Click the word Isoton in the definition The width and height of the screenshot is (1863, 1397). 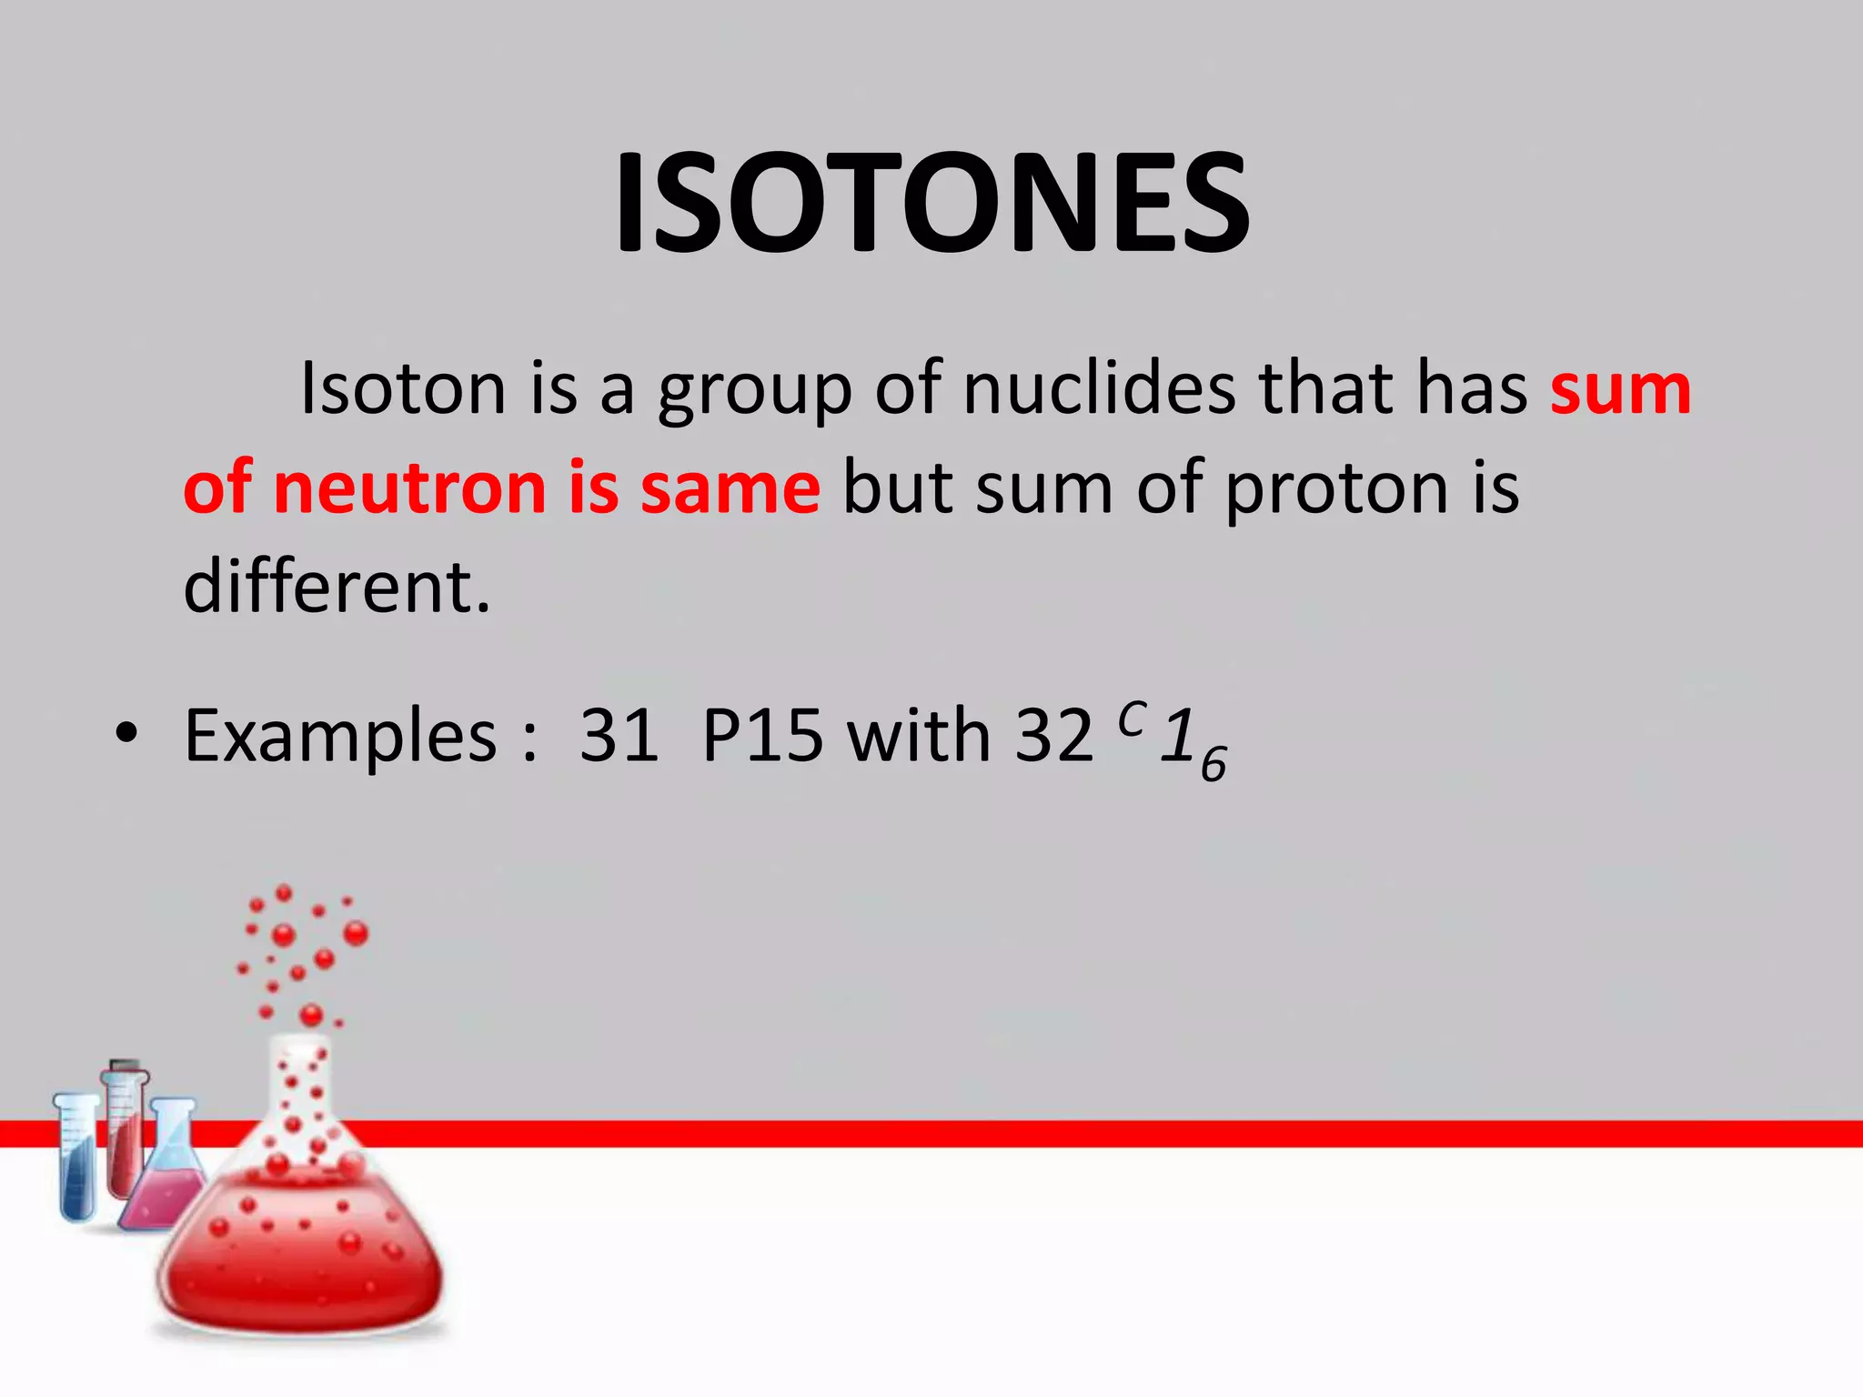tap(402, 389)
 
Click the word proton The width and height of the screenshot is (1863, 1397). tap(1336, 489)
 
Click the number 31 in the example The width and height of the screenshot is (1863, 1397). tap(619, 735)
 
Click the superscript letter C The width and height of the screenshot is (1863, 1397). tap(1132, 718)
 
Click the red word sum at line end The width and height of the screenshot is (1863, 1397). tap(1620, 389)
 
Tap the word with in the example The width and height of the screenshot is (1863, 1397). tap(919, 735)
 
